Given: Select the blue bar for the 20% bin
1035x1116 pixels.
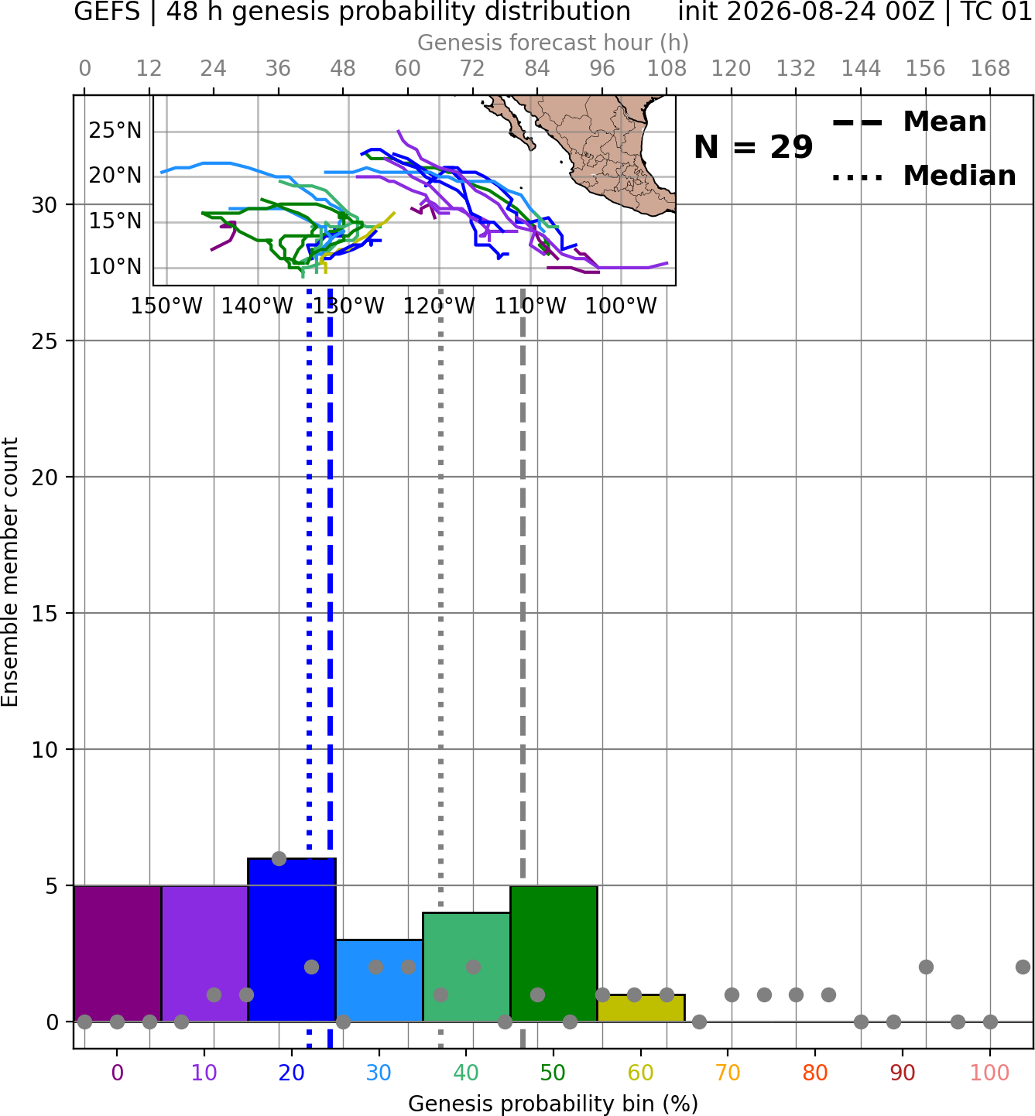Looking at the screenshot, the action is [x=292, y=940].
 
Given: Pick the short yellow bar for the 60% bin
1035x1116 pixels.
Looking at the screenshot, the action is [x=641, y=1008].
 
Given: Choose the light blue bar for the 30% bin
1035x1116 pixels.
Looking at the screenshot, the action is [x=379, y=981].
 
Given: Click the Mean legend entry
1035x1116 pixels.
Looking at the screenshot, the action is [x=909, y=122].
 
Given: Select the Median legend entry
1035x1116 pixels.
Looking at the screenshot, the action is [x=924, y=176].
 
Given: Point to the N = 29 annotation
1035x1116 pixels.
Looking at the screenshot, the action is [x=753, y=147].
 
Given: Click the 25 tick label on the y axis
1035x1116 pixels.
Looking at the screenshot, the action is [x=44, y=341].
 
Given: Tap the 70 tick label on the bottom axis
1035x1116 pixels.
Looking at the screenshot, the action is [x=728, y=1073].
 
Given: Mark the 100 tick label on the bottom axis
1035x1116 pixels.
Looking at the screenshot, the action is [x=990, y=1073].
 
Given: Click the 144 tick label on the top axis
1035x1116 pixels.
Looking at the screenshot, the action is [x=861, y=69].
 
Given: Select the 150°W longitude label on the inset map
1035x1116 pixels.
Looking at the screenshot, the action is [x=166, y=306].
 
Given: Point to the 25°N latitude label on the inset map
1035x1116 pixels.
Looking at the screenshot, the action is [x=115, y=130].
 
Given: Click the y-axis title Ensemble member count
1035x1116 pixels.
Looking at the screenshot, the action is [x=9, y=572].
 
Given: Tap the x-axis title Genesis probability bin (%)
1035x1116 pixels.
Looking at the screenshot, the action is [x=553, y=1104].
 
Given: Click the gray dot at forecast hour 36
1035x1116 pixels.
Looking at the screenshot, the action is [x=279, y=858].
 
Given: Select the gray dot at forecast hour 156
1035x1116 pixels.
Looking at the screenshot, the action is [x=926, y=967].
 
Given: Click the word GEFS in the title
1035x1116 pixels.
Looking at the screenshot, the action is [x=107, y=12].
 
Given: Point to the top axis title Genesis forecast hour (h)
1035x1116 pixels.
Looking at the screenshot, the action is [x=553, y=43].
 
